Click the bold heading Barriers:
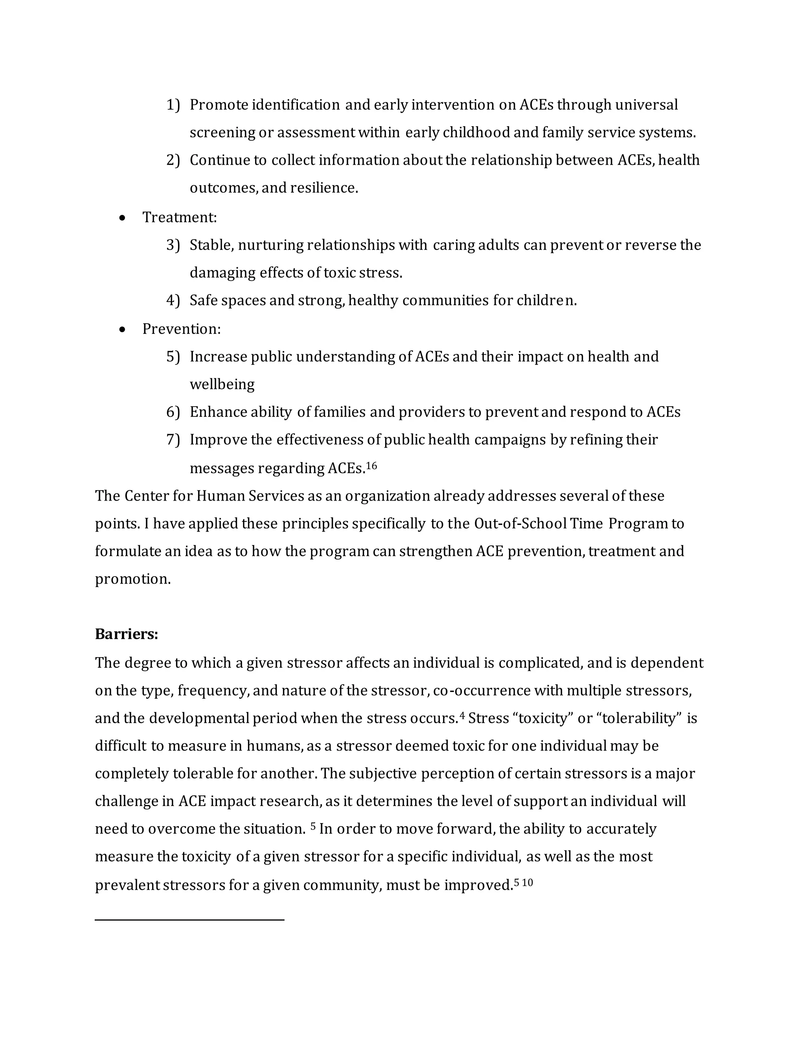[127, 634]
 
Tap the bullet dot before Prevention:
[123, 330]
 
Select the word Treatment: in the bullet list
[179, 217]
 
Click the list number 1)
[173, 105]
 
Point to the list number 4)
[173, 300]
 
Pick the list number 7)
[173, 440]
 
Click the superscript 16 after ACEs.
[371, 465]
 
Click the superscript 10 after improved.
[527, 883]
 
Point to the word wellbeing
[222, 385]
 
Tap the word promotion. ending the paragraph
[132, 579]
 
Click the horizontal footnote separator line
[189, 919]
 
